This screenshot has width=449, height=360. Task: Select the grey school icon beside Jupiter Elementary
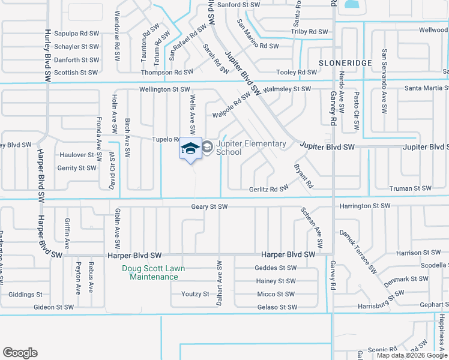coord(207,147)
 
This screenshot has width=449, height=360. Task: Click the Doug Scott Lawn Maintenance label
coord(153,272)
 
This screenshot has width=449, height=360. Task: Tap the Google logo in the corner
coord(20,353)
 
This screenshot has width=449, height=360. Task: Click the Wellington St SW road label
coord(164,89)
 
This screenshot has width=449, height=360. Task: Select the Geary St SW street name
coord(209,206)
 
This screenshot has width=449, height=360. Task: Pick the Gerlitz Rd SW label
coord(269,189)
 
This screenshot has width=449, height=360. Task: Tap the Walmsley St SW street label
coord(288,89)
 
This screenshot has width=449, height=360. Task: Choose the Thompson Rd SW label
coord(167,72)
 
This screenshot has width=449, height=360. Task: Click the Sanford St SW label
coord(239,5)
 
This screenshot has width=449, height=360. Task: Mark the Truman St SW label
coord(410,188)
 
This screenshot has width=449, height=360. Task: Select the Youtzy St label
coord(194,295)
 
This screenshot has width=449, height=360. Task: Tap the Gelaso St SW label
coord(277,307)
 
